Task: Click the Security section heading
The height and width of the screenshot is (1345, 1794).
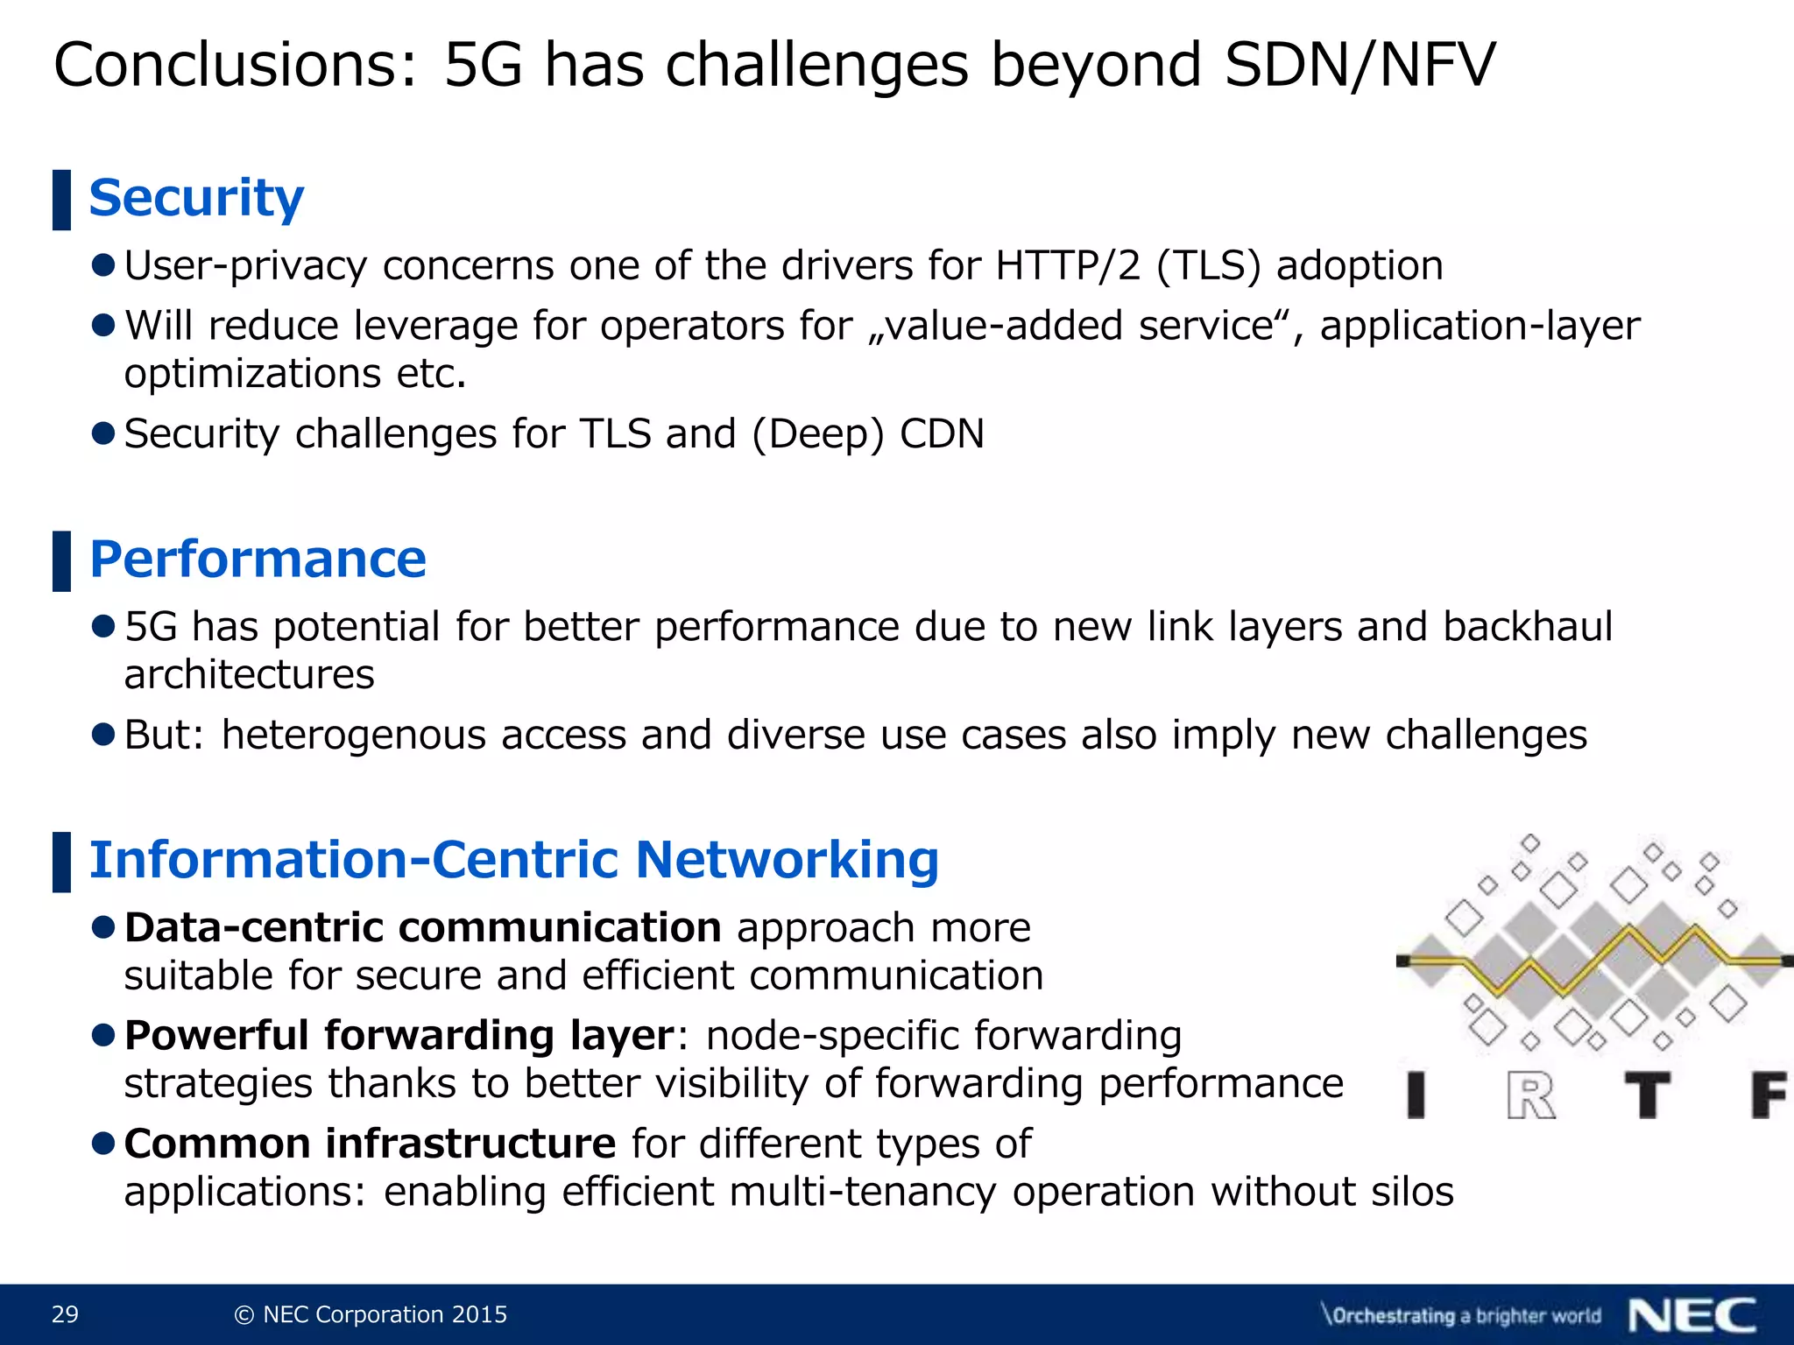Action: tap(196, 198)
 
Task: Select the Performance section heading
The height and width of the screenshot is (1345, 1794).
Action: tap(258, 560)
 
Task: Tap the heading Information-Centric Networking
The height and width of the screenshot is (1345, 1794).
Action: tap(514, 860)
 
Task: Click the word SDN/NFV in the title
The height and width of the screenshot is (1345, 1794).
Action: tap(1360, 65)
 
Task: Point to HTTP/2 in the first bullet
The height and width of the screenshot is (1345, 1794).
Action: tap(1068, 265)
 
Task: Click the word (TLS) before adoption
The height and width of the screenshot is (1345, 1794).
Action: tap(1209, 265)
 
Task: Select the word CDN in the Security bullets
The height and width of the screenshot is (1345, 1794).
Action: tap(942, 434)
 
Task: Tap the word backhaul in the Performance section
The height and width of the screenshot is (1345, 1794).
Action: tap(1527, 627)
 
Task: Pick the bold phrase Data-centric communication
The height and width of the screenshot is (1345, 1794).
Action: tap(423, 928)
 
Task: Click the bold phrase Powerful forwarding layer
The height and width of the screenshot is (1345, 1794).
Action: tap(399, 1036)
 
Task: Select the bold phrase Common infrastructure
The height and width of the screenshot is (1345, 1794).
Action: tap(370, 1144)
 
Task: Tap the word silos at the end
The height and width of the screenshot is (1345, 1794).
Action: tap(1412, 1192)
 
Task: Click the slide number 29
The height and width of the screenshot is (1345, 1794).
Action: tap(65, 1314)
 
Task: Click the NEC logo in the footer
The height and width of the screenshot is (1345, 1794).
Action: tap(1692, 1314)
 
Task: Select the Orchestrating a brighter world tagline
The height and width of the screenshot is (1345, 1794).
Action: tap(1461, 1315)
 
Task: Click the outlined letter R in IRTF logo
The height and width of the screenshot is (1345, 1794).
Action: tap(1530, 1096)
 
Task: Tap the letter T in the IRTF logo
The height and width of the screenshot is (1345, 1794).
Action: tap(1648, 1095)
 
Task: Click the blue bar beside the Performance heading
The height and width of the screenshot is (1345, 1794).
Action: tap(61, 560)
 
